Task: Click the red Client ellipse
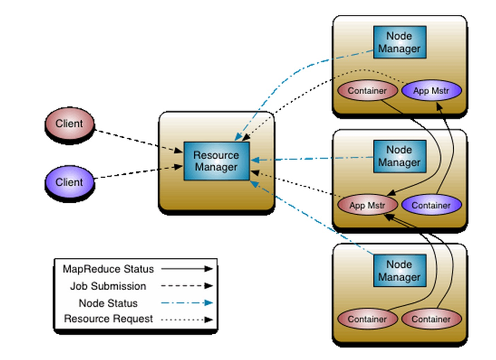(x=69, y=124)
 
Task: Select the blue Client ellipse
(x=69, y=182)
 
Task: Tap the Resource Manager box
(x=216, y=161)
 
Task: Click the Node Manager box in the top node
(x=400, y=42)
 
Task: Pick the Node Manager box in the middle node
(x=400, y=156)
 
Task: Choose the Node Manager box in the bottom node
(x=400, y=271)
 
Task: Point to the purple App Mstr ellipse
(x=431, y=91)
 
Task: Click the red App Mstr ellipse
(x=367, y=205)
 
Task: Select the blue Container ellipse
(x=431, y=205)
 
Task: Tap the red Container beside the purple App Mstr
(x=367, y=91)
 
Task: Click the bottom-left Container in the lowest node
(x=367, y=319)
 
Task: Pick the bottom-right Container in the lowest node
(x=431, y=319)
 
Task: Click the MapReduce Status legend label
(x=108, y=269)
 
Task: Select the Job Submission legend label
(x=108, y=286)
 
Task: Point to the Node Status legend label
(x=108, y=303)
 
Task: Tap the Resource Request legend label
(x=108, y=319)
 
